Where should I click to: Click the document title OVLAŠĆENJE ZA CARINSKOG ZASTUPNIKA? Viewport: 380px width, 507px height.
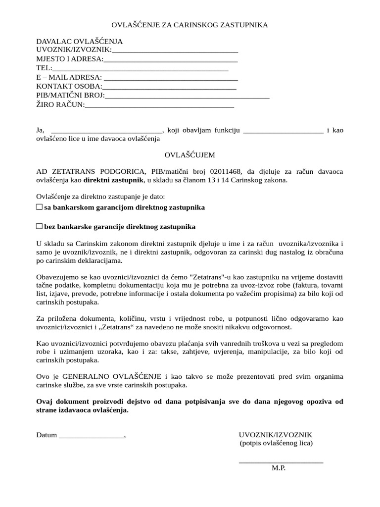click(x=190, y=25)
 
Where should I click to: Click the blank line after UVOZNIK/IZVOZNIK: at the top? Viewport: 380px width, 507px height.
click(x=175, y=51)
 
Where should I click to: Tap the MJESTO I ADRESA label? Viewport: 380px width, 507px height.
click(x=70, y=59)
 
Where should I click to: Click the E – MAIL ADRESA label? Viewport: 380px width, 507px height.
click(x=69, y=77)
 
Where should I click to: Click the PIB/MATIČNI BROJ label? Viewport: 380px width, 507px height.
click(x=70, y=95)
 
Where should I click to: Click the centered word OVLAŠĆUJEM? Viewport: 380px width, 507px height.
click(x=190, y=155)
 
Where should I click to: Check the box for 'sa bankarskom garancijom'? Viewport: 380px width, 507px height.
click(x=40, y=207)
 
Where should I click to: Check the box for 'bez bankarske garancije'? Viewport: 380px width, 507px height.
click(x=40, y=226)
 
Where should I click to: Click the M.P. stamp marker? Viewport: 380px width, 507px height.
click(x=279, y=468)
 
